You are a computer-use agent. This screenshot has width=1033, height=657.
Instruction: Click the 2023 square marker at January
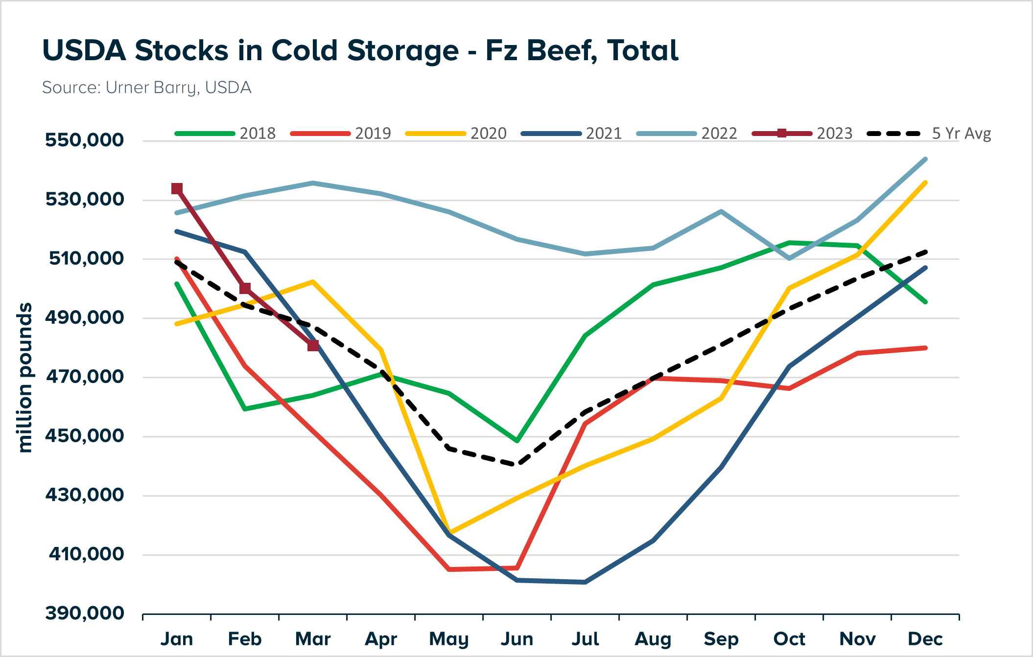click(177, 189)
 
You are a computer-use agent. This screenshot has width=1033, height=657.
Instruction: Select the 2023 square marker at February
click(245, 289)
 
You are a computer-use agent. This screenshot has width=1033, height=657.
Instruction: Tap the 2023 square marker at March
click(313, 346)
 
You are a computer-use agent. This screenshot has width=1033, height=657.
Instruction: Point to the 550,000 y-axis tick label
click(84, 140)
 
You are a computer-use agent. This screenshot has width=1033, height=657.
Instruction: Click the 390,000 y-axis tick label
click(84, 613)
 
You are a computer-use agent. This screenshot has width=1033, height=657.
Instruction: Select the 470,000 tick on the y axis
click(84, 377)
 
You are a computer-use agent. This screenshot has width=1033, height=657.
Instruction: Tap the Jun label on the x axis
click(517, 639)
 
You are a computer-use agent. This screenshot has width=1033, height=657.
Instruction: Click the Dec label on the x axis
click(925, 639)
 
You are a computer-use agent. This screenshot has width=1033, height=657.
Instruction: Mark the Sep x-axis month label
click(721, 639)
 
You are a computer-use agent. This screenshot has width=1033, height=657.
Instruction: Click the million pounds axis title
click(24, 378)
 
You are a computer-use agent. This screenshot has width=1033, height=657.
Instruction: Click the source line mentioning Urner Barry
click(146, 88)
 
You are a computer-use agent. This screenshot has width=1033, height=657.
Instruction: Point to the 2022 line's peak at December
click(925, 159)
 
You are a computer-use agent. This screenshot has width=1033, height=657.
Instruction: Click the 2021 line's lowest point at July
click(585, 582)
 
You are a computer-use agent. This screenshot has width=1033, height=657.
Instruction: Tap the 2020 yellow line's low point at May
click(449, 532)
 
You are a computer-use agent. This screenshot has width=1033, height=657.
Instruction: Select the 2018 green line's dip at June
click(517, 441)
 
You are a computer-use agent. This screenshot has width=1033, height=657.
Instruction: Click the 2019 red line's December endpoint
click(925, 348)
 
